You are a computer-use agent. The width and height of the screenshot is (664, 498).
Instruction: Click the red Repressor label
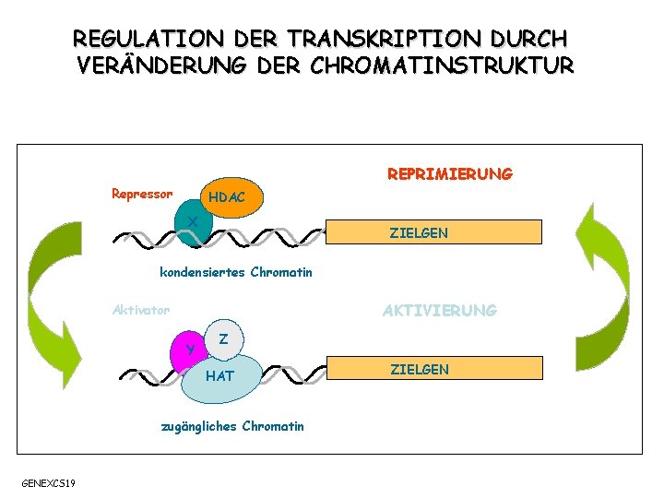tap(141, 194)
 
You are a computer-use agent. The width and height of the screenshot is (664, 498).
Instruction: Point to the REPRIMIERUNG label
tap(450, 174)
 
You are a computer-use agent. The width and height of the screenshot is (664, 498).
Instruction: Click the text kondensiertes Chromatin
tap(236, 272)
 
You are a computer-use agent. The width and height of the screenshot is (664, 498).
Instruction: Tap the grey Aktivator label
tap(140, 310)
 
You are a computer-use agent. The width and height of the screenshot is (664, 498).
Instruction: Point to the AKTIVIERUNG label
tap(439, 311)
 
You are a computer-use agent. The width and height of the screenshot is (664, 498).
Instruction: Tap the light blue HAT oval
tap(221, 377)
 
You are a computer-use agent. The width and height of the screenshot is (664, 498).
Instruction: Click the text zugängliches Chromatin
tap(232, 425)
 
